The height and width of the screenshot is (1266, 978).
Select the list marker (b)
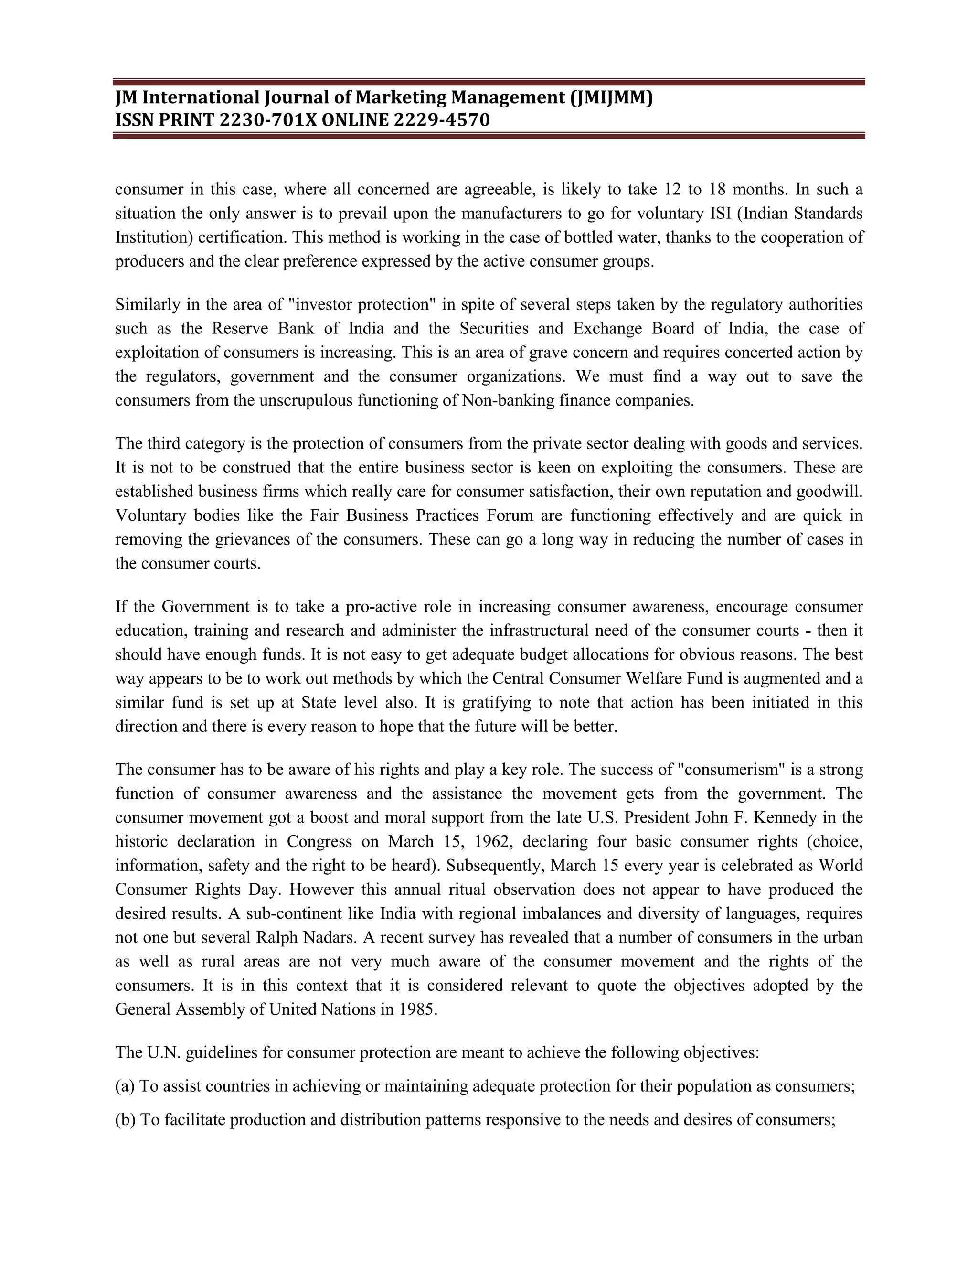point(125,1119)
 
